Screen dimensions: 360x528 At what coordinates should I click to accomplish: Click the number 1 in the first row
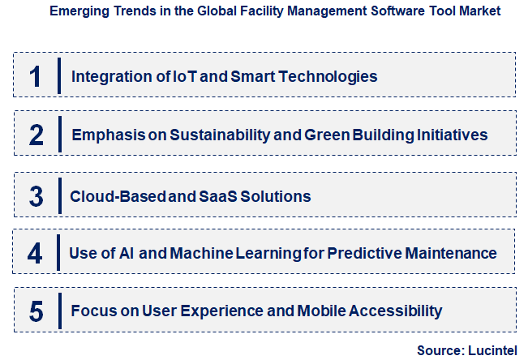click(35, 76)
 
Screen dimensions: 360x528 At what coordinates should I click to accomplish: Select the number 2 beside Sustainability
click(35, 135)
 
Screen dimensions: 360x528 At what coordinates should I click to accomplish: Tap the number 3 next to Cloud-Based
click(35, 195)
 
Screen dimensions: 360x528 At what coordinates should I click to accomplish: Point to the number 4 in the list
click(35, 254)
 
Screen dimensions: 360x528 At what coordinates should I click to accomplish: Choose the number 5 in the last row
click(35, 311)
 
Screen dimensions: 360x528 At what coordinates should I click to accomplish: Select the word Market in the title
click(479, 11)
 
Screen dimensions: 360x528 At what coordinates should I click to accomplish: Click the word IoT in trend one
click(161, 77)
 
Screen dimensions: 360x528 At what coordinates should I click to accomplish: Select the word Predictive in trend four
click(361, 254)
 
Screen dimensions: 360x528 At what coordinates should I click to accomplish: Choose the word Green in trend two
click(326, 135)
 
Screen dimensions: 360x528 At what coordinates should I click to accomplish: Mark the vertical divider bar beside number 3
click(59, 195)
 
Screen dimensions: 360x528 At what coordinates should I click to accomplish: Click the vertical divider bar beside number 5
click(59, 311)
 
